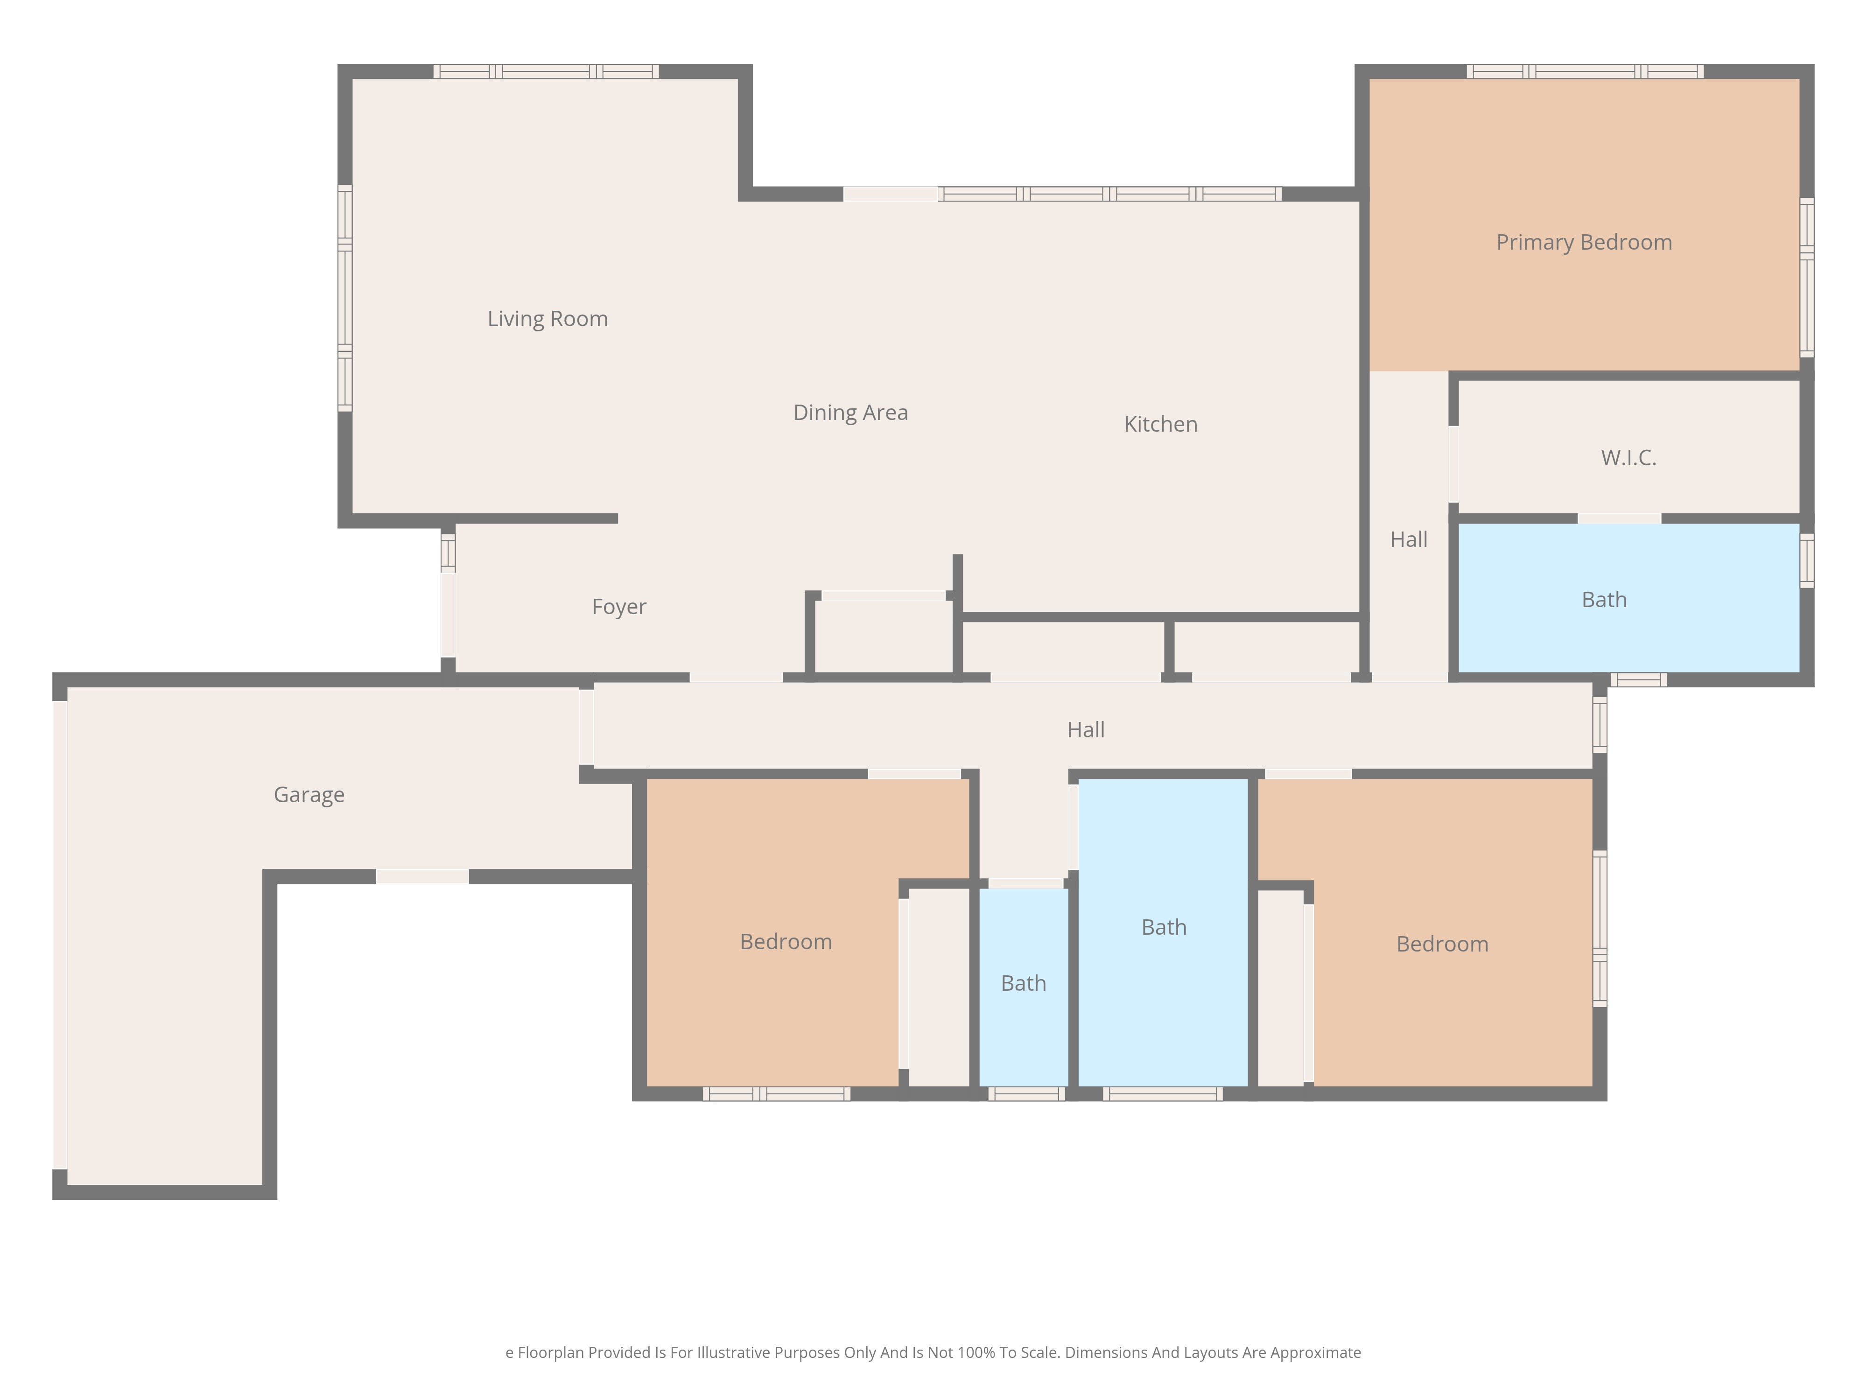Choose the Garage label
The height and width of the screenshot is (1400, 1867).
309,795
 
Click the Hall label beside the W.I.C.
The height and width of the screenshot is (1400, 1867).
1409,539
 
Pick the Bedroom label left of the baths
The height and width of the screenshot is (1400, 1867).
786,942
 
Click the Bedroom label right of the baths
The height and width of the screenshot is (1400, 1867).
1442,945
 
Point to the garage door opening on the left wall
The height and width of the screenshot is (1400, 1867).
60,935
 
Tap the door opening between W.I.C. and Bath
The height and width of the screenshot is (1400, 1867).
1619,518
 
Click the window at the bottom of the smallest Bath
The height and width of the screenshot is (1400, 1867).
1026,1094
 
